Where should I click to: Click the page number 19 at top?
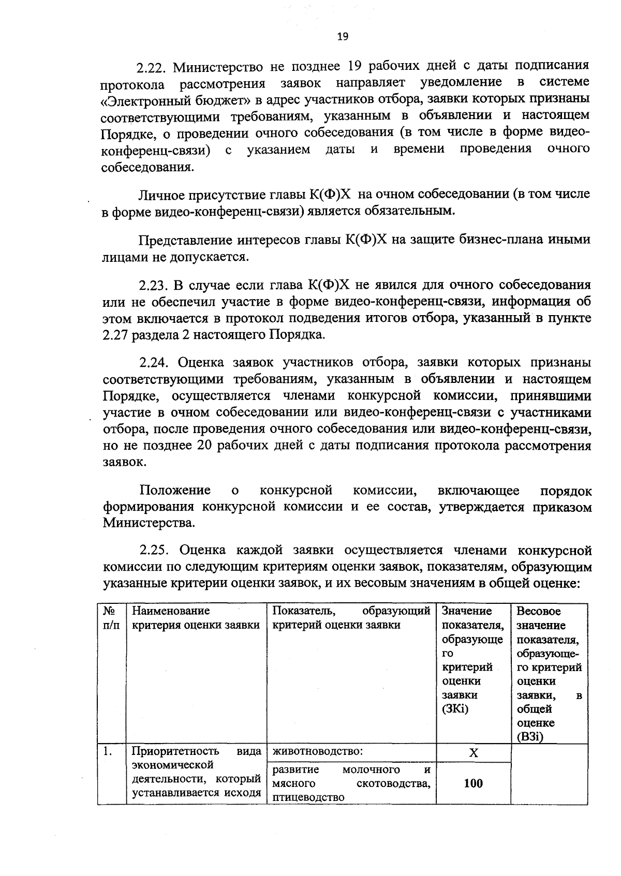coord(343,37)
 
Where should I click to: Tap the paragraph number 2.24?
coord(156,363)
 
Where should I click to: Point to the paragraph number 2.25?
coord(156,550)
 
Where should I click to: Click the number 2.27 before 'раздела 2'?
coord(115,335)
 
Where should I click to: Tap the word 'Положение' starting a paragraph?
coord(175,490)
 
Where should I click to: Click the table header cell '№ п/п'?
coord(110,618)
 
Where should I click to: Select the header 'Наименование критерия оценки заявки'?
coord(196,618)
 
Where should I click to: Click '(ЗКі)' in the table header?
coord(455,709)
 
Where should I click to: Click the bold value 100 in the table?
coord(473,783)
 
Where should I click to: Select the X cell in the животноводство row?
coord(473,753)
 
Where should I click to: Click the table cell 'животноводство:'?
coord(317,751)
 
